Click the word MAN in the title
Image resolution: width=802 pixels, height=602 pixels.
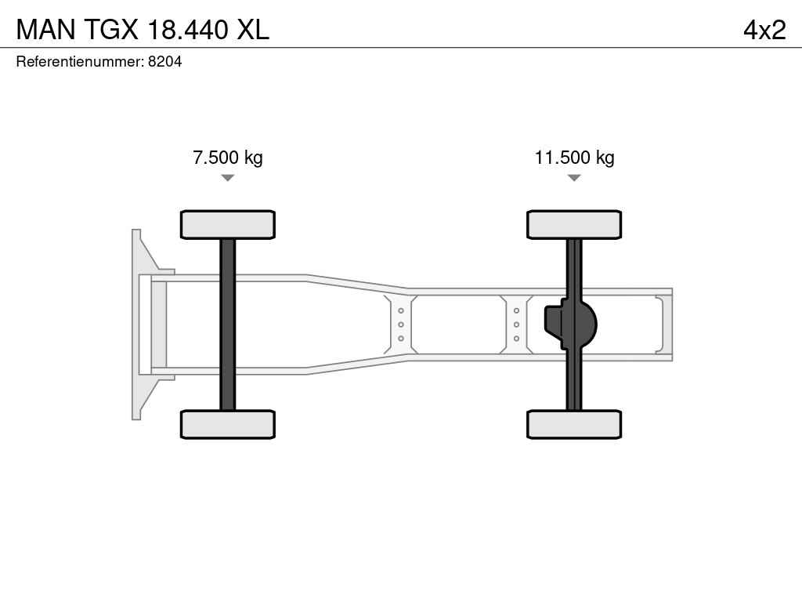(x=46, y=30)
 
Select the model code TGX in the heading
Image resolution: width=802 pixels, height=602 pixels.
(x=111, y=30)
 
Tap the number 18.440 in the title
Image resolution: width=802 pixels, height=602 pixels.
(x=187, y=30)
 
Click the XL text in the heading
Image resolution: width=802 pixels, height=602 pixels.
(x=252, y=30)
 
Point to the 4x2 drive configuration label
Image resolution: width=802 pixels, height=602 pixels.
(x=764, y=30)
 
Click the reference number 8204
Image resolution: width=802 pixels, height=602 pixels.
(x=164, y=61)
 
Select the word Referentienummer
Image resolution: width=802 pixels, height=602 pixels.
(x=79, y=61)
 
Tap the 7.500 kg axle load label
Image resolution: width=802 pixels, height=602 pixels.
(x=228, y=158)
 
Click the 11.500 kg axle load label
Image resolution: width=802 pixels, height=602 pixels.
(x=574, y=158)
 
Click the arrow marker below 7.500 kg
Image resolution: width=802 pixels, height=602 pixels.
(x=228, y=178)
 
